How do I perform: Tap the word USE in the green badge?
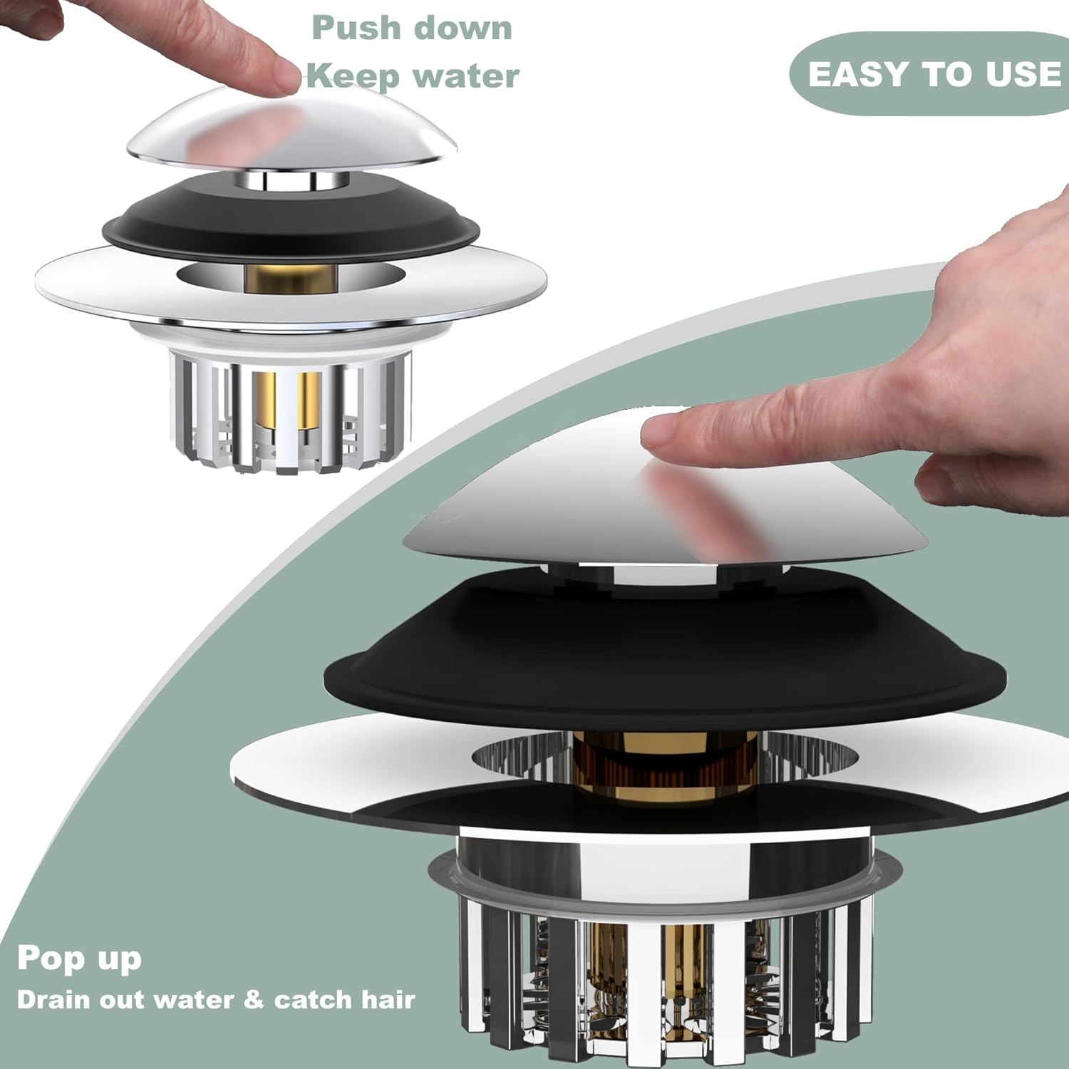pos(1024,74)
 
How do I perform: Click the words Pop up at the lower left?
pos(79,959)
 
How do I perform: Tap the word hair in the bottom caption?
pos(388,999)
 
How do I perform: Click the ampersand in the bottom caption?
pos(253,999)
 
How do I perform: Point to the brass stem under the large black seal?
pos(627,770)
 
